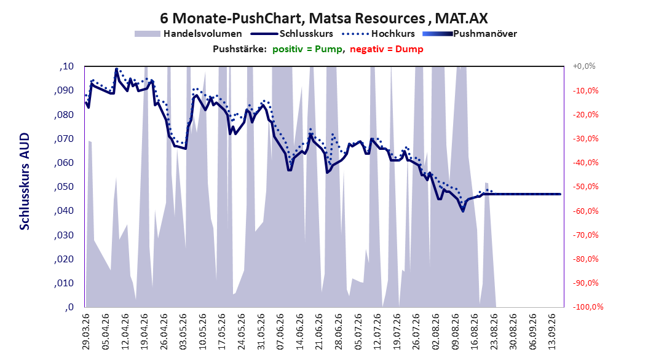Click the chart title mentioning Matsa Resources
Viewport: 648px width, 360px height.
[x=323, y=18]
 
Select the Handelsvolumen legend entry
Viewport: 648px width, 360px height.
[x=189, y=34]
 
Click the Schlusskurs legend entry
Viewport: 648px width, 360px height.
[x=292, y=34]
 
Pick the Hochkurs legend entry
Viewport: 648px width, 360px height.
[x=378, y=34]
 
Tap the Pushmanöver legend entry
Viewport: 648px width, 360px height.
[x=470, y=34]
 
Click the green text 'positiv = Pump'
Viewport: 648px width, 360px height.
[x=307, y=49]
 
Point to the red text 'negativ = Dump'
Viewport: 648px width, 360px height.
[x=387, y=49]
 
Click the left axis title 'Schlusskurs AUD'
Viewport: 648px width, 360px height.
[x=25, y=181]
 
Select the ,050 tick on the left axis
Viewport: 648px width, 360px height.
[x=64, y=187]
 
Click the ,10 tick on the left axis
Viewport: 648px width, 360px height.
[x=66, y=66]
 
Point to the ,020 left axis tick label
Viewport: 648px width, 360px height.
[x=64, y=259]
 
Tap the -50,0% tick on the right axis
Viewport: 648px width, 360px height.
[x=585, y=187]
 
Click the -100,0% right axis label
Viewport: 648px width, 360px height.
[x=588, y=307]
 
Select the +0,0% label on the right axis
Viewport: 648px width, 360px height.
[x=584, y=66]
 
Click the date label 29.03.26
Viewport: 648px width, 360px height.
[x=86, y=332]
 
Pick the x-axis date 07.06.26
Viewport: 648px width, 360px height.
[x=280, y=332]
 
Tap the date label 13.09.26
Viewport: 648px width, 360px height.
[x=552, y=332]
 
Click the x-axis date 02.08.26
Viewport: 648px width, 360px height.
[x=435, y=332]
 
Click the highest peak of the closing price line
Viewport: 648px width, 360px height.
[x=117, y=69]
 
